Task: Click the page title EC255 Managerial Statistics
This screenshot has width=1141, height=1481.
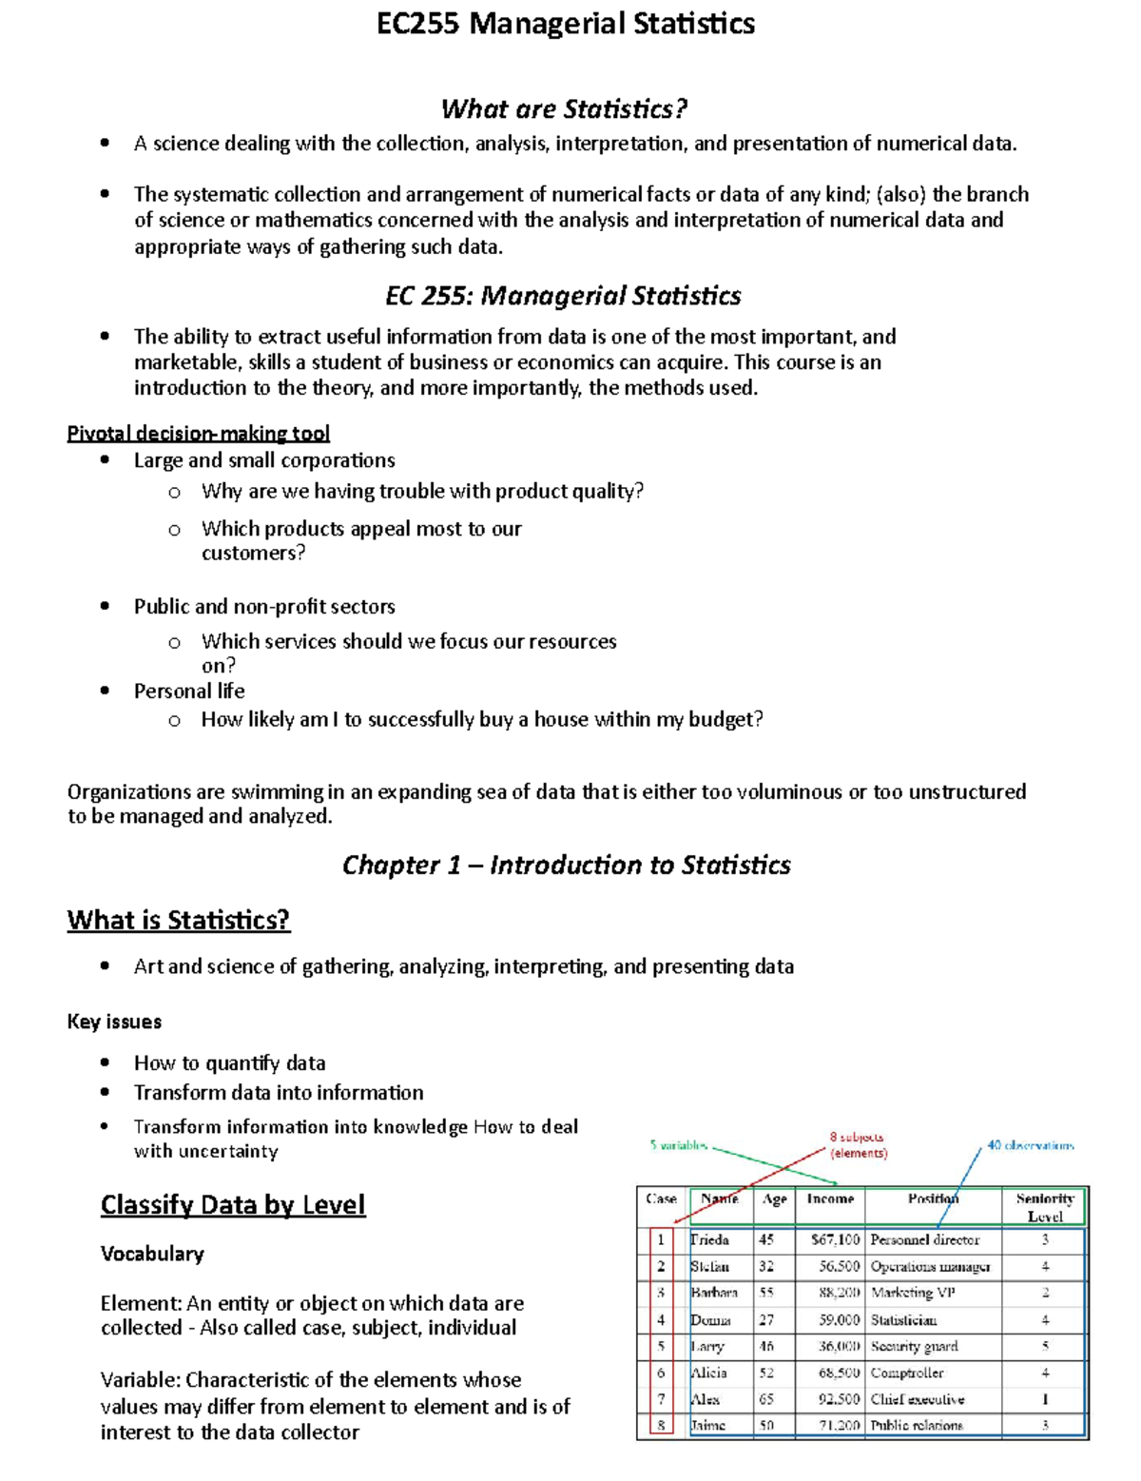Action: [566, 24]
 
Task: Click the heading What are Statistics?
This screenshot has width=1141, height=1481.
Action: [563, 109]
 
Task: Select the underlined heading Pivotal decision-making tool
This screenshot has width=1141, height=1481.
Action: [198, 434]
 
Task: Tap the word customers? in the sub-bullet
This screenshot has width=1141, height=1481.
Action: [253, 553]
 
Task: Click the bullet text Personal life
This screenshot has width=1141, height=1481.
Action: [189, 692]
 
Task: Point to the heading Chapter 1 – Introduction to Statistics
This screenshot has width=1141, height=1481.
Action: [566, 865]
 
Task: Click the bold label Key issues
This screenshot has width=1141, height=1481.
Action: [114, 1022]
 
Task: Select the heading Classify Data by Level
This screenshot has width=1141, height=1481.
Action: [233, 1205]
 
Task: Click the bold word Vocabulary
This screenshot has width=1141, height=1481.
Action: [152, 1254]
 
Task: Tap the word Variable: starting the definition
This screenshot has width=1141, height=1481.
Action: [141, 1380]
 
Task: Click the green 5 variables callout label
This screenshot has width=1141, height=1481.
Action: [679, 1145]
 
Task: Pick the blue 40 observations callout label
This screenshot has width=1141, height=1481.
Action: [1030, 1145]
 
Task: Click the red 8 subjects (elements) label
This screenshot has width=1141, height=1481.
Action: [858, 1144]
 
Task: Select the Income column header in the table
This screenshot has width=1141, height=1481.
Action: [830, 1199]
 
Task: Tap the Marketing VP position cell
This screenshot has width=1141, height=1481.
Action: [913, 1293]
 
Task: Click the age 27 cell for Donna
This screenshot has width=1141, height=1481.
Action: [766, 1320]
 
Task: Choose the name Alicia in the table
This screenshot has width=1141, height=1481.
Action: [709, 1373]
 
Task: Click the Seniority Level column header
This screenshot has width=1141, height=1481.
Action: [1044, 1207]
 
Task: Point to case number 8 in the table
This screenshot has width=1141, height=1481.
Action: [661, 1425]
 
